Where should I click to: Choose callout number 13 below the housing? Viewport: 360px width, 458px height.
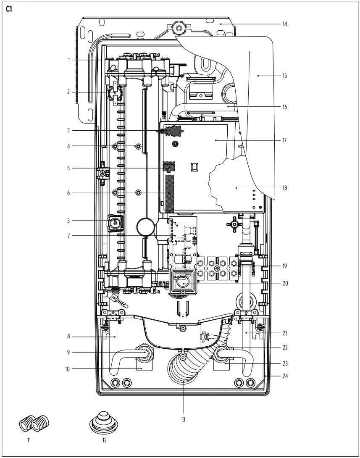point(183,419)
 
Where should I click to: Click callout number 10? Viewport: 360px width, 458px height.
point(68,369)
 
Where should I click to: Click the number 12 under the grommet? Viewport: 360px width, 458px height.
point(104,440)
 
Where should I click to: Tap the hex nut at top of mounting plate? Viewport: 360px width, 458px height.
point(179,29)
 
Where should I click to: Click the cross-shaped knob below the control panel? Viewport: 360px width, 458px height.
point(233,224)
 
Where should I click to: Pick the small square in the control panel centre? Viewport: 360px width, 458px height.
point(194,167)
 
